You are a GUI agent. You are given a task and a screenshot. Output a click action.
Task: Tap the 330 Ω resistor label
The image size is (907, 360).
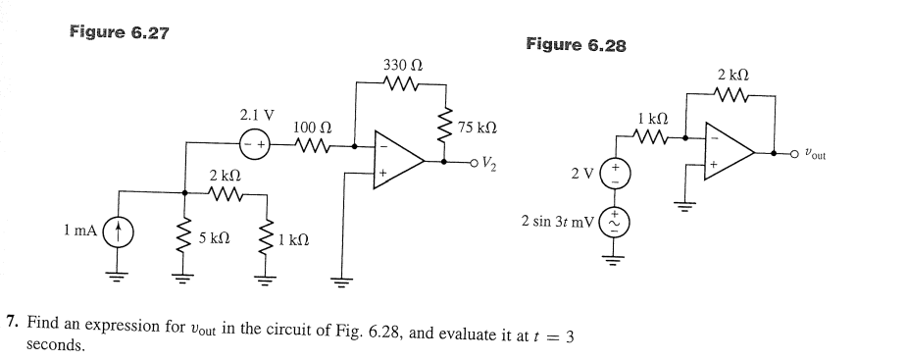point(403,65)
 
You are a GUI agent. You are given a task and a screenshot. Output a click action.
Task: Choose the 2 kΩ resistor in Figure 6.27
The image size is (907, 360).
point(226,193)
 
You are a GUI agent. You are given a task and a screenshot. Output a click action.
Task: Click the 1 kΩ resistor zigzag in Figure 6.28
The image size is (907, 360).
point(654,138)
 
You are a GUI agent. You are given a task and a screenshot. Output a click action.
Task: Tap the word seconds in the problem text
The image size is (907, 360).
point(56,345)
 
